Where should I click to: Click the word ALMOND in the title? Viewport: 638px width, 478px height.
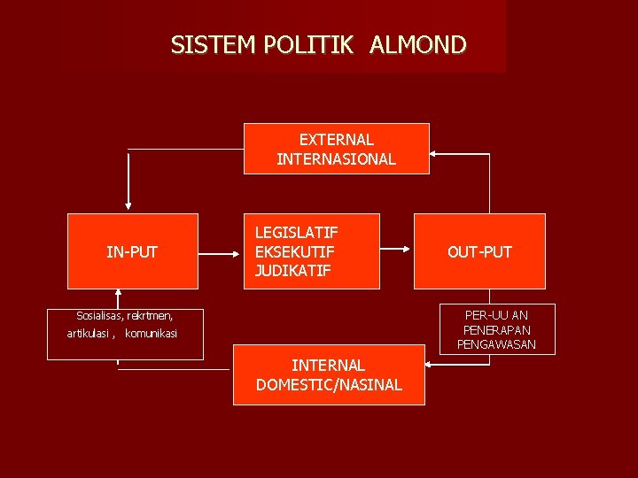(x=417, y=44)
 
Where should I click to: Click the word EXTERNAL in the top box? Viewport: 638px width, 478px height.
(x=336, y=140)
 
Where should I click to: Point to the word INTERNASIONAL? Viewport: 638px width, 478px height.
(x=336, y=159)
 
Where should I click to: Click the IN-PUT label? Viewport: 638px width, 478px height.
(x=132, y=252)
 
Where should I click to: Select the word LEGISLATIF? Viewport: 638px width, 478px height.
(x=296, y=233)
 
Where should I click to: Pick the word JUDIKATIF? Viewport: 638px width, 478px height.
(x=292, y=271)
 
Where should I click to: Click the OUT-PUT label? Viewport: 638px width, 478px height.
(x=479, y=252)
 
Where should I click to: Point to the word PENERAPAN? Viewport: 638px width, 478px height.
(x=496, y=329)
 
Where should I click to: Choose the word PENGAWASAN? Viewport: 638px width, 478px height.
(x=496, y=344)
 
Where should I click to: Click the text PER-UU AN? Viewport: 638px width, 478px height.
(x=496, y=314)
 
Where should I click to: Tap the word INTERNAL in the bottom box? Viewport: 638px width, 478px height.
(x=328, y=365)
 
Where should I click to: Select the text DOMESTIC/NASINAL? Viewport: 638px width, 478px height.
(x=329, y=385)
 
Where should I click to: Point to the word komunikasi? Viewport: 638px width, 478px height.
(x=152, y=334)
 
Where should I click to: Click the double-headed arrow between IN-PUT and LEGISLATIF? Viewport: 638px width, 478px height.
(x=221, y=252)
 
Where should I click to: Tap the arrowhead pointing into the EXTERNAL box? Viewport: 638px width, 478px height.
(x=437, y=154)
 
